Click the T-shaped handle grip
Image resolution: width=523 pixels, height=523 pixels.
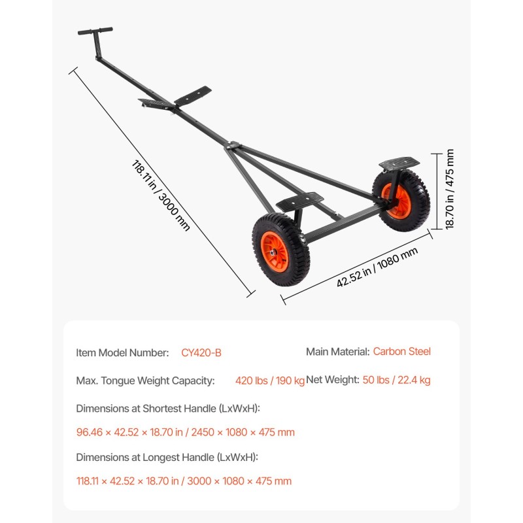point(95,31)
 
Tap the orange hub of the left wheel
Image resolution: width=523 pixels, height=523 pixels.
point(275,252)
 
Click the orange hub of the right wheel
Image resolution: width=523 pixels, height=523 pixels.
point(397,201)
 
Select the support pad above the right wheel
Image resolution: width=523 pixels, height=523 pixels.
point(399,163)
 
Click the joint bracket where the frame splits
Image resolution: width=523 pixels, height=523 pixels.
point(233,145)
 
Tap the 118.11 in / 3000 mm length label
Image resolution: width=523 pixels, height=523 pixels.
point(161,195)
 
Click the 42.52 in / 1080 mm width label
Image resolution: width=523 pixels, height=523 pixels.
point(377,267)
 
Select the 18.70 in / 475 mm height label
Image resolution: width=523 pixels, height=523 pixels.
point(450,189)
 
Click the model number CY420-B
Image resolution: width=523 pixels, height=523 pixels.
point(201,353)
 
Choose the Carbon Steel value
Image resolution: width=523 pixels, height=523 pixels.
point(401,352)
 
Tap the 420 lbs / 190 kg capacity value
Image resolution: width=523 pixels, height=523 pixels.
point(270,380)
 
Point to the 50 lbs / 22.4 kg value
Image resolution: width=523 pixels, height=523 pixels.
point(396,380)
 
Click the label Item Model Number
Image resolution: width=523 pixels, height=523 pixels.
point(122,353)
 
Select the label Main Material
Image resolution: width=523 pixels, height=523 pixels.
point(338,352)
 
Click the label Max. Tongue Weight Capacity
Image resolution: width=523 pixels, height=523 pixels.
point(145,380)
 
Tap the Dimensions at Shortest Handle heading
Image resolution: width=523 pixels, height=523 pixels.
point(168,409)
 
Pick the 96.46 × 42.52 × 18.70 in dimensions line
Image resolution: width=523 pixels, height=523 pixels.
point(186,432)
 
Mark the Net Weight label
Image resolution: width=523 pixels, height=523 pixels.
point(333,380)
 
